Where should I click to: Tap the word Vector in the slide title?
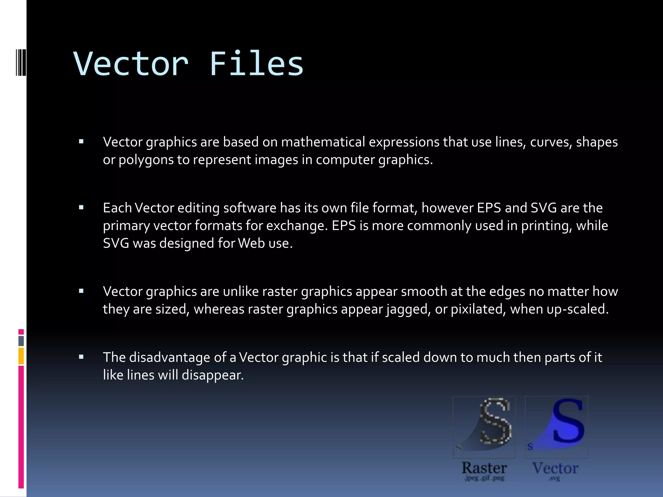tap(131, 64)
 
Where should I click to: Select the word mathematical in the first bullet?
tap(323, 142)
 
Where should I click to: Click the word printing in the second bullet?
tap(546, 226)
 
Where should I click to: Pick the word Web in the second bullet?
tap(251, 243)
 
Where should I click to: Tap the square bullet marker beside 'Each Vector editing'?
tap(81, 208)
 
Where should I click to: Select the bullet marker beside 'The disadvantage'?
tap(81, 357)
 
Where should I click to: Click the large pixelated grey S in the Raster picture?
tap(495, 421)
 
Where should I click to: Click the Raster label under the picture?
tap(484, 468)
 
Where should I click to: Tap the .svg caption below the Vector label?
tap(554, 478)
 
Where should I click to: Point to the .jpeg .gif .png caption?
tap(484, 478)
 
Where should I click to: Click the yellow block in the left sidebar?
tap(21, 356)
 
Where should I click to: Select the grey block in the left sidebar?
tap(21, 341)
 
